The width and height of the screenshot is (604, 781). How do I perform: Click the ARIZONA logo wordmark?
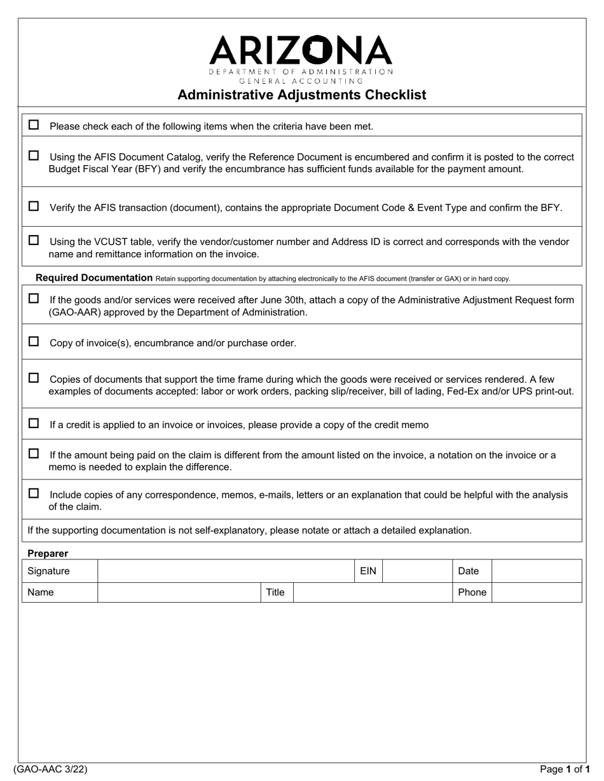[301, 51]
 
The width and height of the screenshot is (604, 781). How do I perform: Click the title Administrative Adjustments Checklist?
[301, 95]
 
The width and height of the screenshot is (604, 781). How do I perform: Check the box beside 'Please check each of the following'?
[34, 125]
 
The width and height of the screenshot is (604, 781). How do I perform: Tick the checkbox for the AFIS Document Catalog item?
[34, 156]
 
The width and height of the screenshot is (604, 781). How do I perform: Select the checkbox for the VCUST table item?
[34, 241]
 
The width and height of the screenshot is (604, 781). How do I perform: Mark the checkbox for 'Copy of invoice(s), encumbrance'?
[34, 342]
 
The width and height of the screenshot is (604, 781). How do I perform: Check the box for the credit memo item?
[34, 424]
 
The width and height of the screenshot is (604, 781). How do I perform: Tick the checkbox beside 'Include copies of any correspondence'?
[34, 493]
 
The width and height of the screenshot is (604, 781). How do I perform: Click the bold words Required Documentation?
[94, 277]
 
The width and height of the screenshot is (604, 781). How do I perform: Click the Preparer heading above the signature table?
[48, 553]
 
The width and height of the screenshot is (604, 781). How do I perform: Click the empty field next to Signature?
[225, 571]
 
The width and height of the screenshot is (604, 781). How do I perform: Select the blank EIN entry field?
[417, 571]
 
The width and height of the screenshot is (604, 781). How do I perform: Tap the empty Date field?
[537, 571]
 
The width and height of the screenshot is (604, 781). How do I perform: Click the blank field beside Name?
[179, 592]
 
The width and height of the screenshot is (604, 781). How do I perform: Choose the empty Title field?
[372, 592]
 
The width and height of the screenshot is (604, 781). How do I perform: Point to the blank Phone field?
[537, 592]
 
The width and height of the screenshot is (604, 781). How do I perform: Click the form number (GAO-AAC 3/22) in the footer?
[50, 769]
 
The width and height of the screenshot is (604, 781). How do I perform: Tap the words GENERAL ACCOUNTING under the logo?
[301, 81]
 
